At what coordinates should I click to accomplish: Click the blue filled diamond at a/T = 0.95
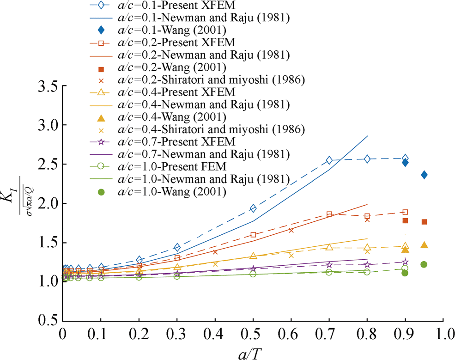pos(424,175)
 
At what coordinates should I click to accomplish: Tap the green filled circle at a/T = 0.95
pos(424,264)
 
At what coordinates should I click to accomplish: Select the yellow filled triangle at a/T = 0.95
pos(424,245)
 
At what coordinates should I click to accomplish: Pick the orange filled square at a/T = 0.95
pos(424,222)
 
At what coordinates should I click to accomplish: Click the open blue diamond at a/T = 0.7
pos(329,160)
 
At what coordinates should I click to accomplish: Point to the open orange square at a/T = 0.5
pos(253,235)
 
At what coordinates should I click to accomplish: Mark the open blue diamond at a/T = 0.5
pos(253,208)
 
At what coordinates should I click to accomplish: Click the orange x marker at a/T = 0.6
pos(291,230)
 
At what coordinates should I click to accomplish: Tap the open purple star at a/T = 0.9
pos(405,262)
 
